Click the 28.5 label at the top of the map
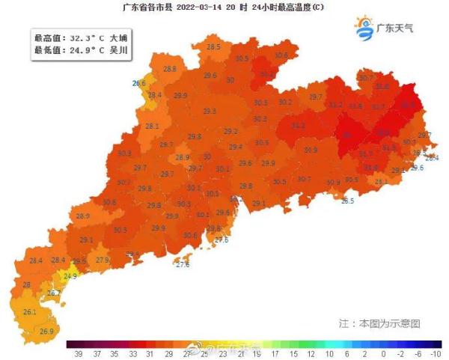coord(213,47)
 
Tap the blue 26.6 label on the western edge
coord(139,83)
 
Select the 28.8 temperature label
coord(170,69)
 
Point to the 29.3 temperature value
coord(209,112)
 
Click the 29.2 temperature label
coord(230,131)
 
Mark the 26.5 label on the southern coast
coord(347,201)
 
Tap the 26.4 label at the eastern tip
coord(432,158)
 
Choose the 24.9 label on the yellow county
coord(70,276)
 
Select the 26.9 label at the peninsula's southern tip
coord(46,331)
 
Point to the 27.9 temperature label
coord(103,260)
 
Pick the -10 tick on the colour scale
coord(436,353)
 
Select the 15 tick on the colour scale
coord(293,353)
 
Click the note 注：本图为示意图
coord(379,323)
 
